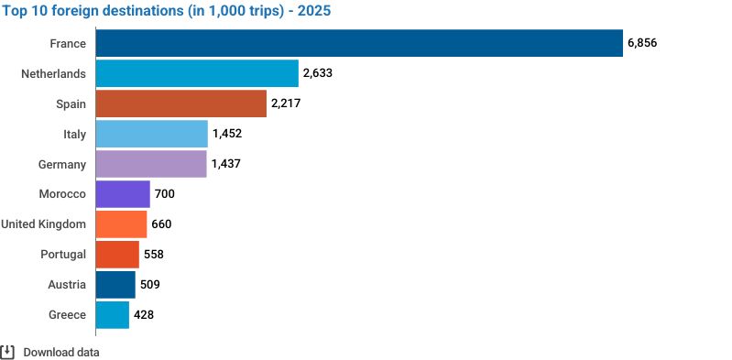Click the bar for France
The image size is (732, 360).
[x=359, y=43]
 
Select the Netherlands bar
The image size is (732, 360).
[x=197, y=73]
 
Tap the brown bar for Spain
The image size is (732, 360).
[x=181, y=104]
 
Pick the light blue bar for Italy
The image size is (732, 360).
[x=152, y=134]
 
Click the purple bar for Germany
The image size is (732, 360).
[x=151, y=164]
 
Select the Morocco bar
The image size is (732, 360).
[x=123, y=194]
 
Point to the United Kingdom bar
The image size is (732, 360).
[x=121, y=224]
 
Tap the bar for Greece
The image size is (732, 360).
[x=113, y=315]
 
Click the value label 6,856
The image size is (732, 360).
[x=642, y=43]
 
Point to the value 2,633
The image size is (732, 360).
[x=318, y=73]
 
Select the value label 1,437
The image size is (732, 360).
[x=226, y=164]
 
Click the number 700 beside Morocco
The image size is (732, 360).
[x=165, y=194]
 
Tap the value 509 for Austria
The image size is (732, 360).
[x=150, y=284]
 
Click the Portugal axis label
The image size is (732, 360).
[x=63, y=255]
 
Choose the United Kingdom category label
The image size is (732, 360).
[x=43, y=224]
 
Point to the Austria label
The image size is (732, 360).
[x=67, y=284]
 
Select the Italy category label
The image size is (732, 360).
[x=75, y=134]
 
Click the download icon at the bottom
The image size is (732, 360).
[x=7, y=352]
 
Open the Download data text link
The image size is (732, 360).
[x=61, y=352]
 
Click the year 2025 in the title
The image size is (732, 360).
[x=314, y=10]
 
